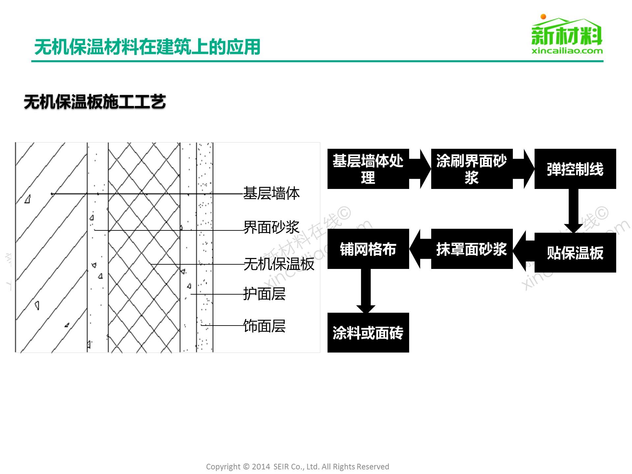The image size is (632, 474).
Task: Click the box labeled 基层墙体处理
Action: (x=368, y=169)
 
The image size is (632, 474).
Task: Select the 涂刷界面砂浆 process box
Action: (x=472, y=169)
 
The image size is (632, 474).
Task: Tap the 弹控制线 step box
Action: (x=575, y=169)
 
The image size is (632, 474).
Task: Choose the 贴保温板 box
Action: (x=575, y=253)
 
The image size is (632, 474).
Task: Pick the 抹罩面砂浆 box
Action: (x=472, y=249)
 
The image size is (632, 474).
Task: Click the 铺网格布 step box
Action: (x=368, y=249)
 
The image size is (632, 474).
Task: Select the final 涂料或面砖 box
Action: (x=368, y=332)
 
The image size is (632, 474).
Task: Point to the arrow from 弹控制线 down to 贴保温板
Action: (x=573, y=211)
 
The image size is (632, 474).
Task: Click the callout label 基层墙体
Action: (x=271, y=194)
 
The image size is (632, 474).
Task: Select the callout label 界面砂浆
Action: (x=271, y=227)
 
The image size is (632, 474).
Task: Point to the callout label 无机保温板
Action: (x=279, y=264)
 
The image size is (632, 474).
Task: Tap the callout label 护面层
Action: (x=264, y=294)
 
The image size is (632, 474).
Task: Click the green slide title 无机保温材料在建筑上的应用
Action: (x=147, y=47)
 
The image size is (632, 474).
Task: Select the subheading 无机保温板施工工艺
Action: (x=95, y=102)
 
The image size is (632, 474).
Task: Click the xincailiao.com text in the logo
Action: (x=567, y=51)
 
